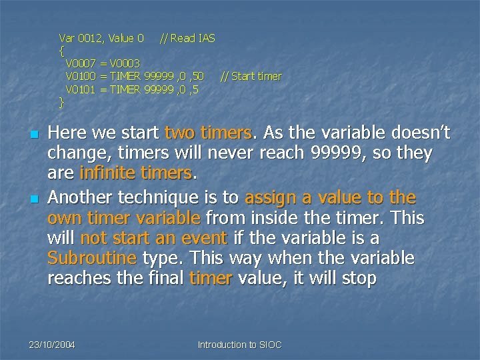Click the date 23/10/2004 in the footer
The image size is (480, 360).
[51, 345]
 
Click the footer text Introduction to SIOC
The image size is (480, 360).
[240, 345]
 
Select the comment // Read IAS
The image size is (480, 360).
[187, 39]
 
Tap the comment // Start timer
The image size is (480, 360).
[251, 77]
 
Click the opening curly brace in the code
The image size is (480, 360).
[61, 51]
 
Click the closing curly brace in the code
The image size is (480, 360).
[61, 102]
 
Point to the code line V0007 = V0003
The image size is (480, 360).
[103, 63]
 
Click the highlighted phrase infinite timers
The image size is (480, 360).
[135, 173]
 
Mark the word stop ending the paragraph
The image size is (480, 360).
[359, 277]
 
